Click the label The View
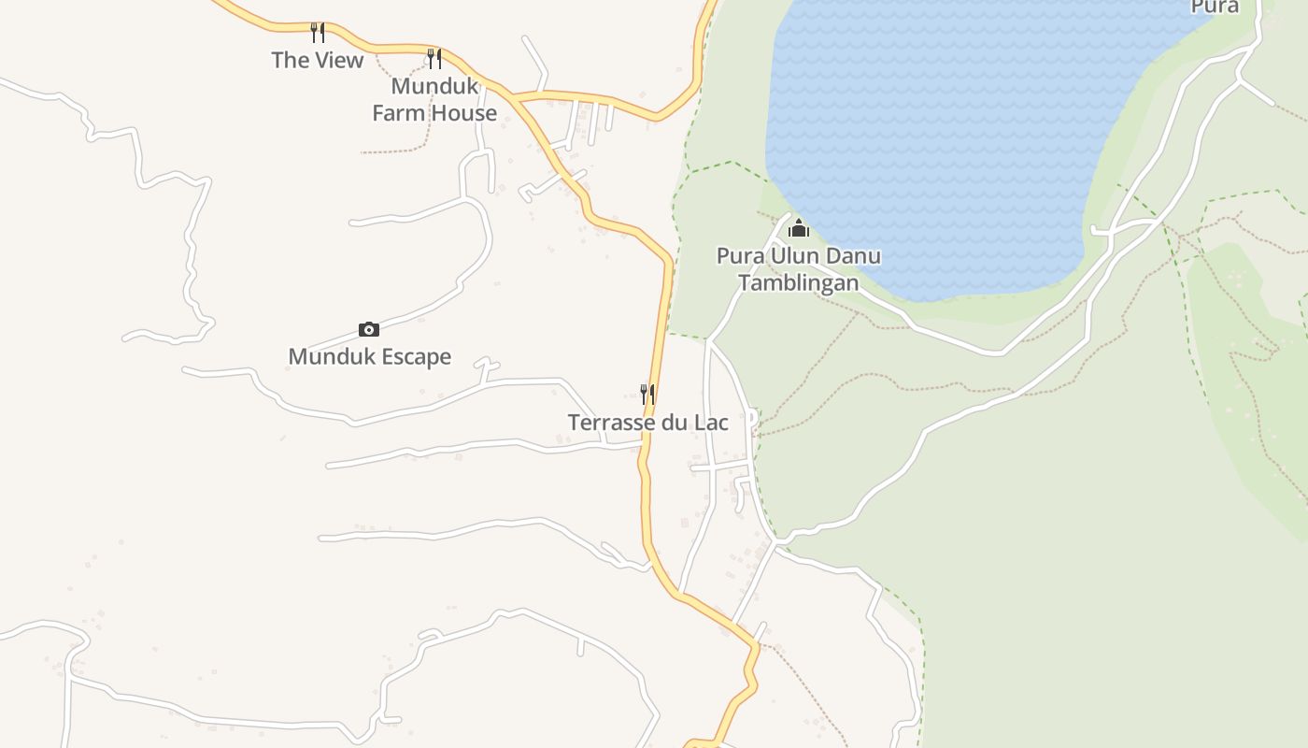[317, 61]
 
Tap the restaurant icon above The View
[318, 33]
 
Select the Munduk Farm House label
[434, 99]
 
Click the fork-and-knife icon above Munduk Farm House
[434, 58]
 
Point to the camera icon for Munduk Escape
[369, 329]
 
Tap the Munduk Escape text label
[369, 356]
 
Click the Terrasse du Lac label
[647, 423]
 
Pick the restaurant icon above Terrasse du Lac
[647, 394]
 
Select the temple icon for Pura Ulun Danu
[799, 228]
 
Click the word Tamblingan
[799, 282]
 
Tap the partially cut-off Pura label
[1215, 7]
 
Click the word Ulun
[791, 255]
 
